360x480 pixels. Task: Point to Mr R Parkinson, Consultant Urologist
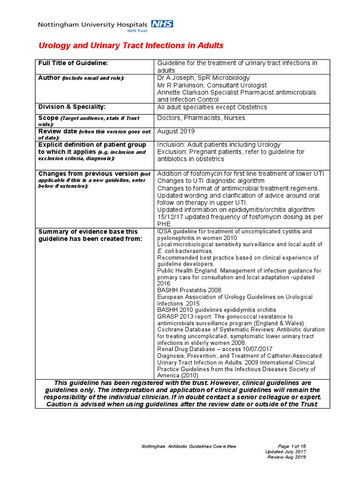coord(212,85)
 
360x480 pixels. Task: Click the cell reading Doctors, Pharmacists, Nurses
coord(201,118)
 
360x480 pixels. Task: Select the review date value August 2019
coord(176,132)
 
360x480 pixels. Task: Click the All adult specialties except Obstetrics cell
coord(212,107)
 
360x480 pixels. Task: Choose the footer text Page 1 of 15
coord(292,446)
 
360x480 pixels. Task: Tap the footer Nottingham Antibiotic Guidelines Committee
coord(189,446)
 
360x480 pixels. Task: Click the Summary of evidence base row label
coord(88,235)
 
